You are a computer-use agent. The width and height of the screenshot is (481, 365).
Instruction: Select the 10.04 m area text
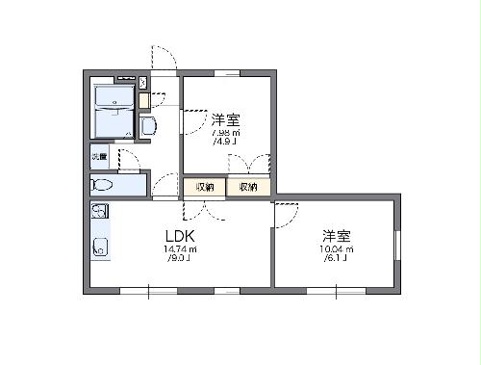click(337, 248)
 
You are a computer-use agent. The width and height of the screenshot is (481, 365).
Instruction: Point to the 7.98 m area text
click(226, 133)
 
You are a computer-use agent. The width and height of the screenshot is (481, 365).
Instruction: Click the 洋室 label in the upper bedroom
click(225, 119)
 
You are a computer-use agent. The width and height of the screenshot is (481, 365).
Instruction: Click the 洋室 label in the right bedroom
click(336, 235)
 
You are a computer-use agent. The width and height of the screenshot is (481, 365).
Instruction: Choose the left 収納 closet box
click(204, 187)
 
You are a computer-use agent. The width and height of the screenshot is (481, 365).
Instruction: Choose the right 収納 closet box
click(248, 187)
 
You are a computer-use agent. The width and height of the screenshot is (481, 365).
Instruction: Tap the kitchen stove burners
click(100, 213)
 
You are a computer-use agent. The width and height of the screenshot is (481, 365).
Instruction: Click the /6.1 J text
click(337, 258)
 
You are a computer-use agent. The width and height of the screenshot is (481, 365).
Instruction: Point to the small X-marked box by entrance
click(143, 83)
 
